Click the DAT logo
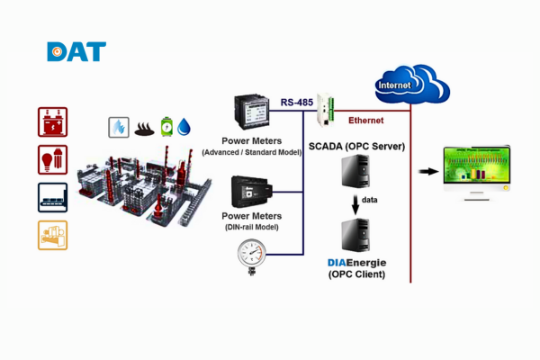pos(76,51)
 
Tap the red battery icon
pos(52,121)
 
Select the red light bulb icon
pos(52,159)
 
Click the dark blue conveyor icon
pos(52,197)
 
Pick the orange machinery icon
pos(52,235)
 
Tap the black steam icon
pos(143,128)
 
